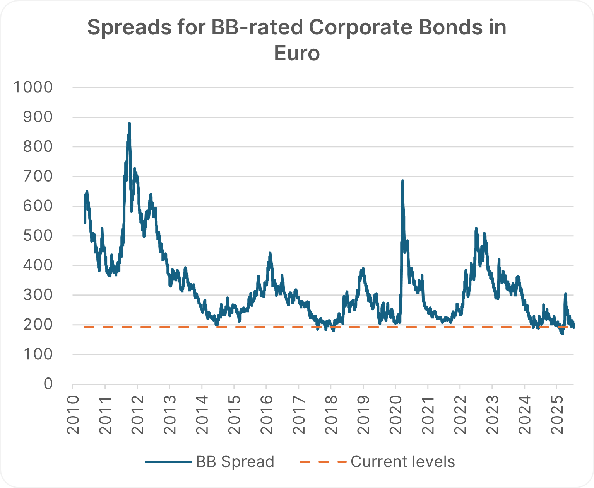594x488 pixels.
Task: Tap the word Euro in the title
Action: coord(297,53)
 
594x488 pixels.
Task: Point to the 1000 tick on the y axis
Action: coord(33,87)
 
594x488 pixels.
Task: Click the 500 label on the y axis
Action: coord(38,236)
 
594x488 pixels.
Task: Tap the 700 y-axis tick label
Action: coord(38,177)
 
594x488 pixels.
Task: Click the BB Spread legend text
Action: coord(235,462)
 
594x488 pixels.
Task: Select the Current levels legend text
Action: coord(402,462)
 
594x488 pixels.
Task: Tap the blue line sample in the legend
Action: coord(168,462)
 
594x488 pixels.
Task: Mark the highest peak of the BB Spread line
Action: coord(129,124)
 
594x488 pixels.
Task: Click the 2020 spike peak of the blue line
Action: coord(402,181)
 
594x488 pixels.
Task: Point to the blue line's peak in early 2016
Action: coord(270,253)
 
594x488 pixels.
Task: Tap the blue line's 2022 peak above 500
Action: coord(476,228)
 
